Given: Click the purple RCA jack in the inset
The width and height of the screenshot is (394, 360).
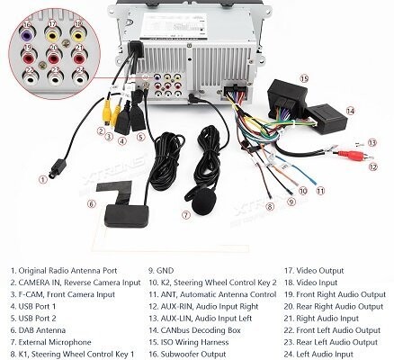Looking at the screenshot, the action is pyautogui.click(x=26, y=36).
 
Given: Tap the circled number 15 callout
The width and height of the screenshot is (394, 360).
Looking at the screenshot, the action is pyautogui.click(x=304, y=78).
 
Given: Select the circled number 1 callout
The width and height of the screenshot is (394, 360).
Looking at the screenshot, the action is pyautogui.click(x=43, y=179).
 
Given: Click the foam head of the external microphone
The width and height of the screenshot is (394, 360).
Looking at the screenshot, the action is pyautogui.click(x=204, y=202).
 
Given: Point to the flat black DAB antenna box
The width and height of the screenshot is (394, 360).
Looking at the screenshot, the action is pyautogui.click(x=126, y=215).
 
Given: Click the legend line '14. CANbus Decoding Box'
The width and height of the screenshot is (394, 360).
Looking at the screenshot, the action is pyautogui.click(x=194, y=330).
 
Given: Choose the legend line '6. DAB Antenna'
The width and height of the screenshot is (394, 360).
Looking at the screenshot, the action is pyautogui.click(x=38, y=330).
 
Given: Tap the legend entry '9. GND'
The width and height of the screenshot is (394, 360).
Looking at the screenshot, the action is pyautogui.click(x=161, y=271).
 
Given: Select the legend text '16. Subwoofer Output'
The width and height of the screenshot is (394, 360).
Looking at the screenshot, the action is pyautogui.click(x=187, y=355).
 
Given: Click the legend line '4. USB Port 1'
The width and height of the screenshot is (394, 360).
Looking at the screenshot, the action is pyautogui.click(x=33, y=307).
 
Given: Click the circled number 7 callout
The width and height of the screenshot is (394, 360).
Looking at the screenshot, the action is pyautogui.click(x=186, y=215).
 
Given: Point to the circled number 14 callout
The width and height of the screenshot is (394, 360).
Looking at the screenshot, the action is pyautogui.click(x=350, y=111).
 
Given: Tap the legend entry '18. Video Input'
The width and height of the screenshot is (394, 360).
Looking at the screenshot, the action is pyautogui.click(x=310, y=283).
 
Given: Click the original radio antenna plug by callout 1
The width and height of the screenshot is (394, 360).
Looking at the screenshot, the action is pyautogui.click(x=57, y=168).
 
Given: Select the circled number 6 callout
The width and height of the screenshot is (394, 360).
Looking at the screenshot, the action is pyautogui.click(x=92, y=204).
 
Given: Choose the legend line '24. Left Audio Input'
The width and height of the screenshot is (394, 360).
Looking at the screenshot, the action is pyautogui.click(x=318, y=355).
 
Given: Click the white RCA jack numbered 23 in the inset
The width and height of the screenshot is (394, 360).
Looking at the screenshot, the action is pyautogui.click(x=55, y=78).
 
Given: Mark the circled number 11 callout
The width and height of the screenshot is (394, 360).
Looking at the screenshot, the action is pyautogui.click(x=321, y=191).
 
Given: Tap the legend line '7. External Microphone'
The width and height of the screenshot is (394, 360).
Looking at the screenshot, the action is pyautogui.click(x=50, y=342).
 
